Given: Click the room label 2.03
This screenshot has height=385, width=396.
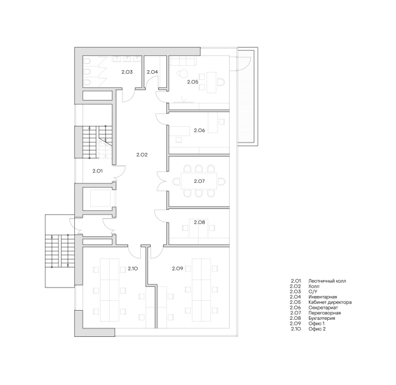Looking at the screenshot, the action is click(127, 72).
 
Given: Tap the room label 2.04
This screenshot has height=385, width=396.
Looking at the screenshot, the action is click(152, 72).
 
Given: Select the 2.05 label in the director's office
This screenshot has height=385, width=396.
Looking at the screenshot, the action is click(193, 82).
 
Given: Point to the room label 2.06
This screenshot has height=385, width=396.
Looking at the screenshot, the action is click(199, 130).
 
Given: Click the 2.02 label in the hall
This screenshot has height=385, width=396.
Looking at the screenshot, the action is click(142, 155).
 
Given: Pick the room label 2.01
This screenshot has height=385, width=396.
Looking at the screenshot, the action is click(97, 171).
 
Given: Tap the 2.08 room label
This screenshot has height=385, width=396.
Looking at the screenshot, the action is click(199, 222).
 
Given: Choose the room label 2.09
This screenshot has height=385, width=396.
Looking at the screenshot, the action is click(177, 269).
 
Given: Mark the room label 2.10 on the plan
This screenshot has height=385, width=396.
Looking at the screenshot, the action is click(133, 269).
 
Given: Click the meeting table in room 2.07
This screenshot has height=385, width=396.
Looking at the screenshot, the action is click(199, 181).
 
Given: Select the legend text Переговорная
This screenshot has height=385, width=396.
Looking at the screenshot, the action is click(325, 313).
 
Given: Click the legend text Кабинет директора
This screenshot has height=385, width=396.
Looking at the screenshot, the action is click(330, 302).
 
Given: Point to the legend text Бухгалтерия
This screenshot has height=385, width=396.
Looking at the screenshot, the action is click(322, 319).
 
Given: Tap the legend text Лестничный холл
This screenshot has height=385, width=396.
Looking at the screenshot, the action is click(327, 281).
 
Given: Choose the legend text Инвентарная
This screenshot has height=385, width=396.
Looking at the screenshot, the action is click(323, 297).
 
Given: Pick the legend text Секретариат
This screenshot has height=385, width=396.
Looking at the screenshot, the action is click(323, 308).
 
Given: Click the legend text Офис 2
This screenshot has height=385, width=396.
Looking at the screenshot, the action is click(317, 329).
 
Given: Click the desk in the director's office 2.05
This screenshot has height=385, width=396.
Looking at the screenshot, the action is click(211, 82).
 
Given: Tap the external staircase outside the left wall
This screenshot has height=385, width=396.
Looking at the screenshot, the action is click(60, 251).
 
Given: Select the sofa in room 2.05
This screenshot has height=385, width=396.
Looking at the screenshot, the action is click(183, 60).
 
